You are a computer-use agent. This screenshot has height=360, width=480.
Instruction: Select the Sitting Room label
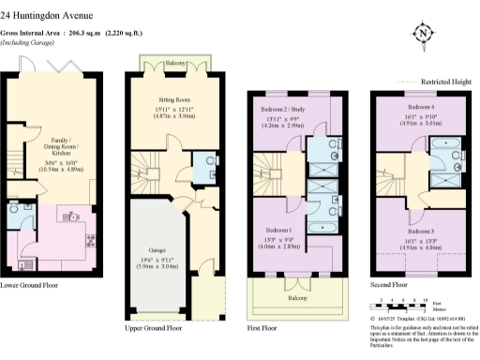173,97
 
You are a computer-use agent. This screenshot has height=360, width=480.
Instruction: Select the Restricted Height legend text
448,81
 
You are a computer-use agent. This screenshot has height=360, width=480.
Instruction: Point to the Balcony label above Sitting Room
174,65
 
